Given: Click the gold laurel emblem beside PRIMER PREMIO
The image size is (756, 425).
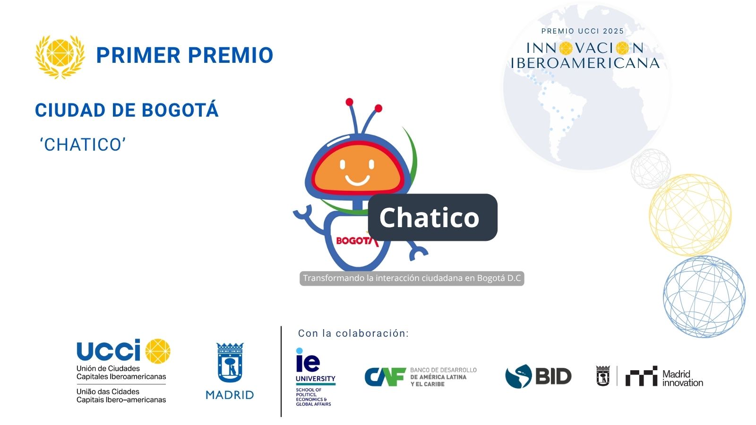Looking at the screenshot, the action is click(60, 57).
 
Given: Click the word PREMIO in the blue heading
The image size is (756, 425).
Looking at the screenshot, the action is click(231, 55).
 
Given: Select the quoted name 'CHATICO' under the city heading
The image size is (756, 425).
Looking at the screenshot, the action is click(83, 144).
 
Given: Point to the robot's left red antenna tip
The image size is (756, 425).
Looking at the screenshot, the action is click(349, 102).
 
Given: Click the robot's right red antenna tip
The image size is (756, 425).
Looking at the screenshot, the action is click(378, 108).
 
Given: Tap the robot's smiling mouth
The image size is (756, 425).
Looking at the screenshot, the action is click(357, 180).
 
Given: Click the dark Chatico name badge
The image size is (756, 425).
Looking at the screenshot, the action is click(432, 217).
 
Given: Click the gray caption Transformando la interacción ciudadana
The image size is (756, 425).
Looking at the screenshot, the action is click(412, 278).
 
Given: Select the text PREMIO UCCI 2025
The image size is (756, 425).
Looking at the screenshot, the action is click(583, 31).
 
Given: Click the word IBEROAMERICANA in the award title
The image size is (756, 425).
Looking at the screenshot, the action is click(585, 63).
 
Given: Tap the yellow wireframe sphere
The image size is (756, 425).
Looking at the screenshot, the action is click(690, 215).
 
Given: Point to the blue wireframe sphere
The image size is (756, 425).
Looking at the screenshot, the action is click(704, 297).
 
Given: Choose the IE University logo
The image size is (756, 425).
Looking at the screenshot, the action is click(315, 377).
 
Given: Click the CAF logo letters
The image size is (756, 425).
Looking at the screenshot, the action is click(385, 377).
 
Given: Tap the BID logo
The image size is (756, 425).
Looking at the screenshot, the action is click(538, 376).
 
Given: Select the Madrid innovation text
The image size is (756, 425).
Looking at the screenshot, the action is click(682, 378).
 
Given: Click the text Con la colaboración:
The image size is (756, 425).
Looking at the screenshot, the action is click(353, 333).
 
